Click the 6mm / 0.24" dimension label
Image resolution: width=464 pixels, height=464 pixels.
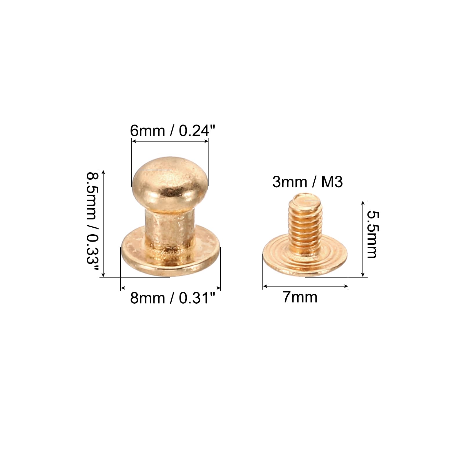click(x=173, y=130)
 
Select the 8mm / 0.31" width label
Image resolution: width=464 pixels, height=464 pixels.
click(x=173, y=298)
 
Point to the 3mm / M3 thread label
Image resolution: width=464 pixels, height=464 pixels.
click(x=307, y=182)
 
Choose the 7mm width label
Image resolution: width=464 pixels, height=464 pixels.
click(x=300, y=297)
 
